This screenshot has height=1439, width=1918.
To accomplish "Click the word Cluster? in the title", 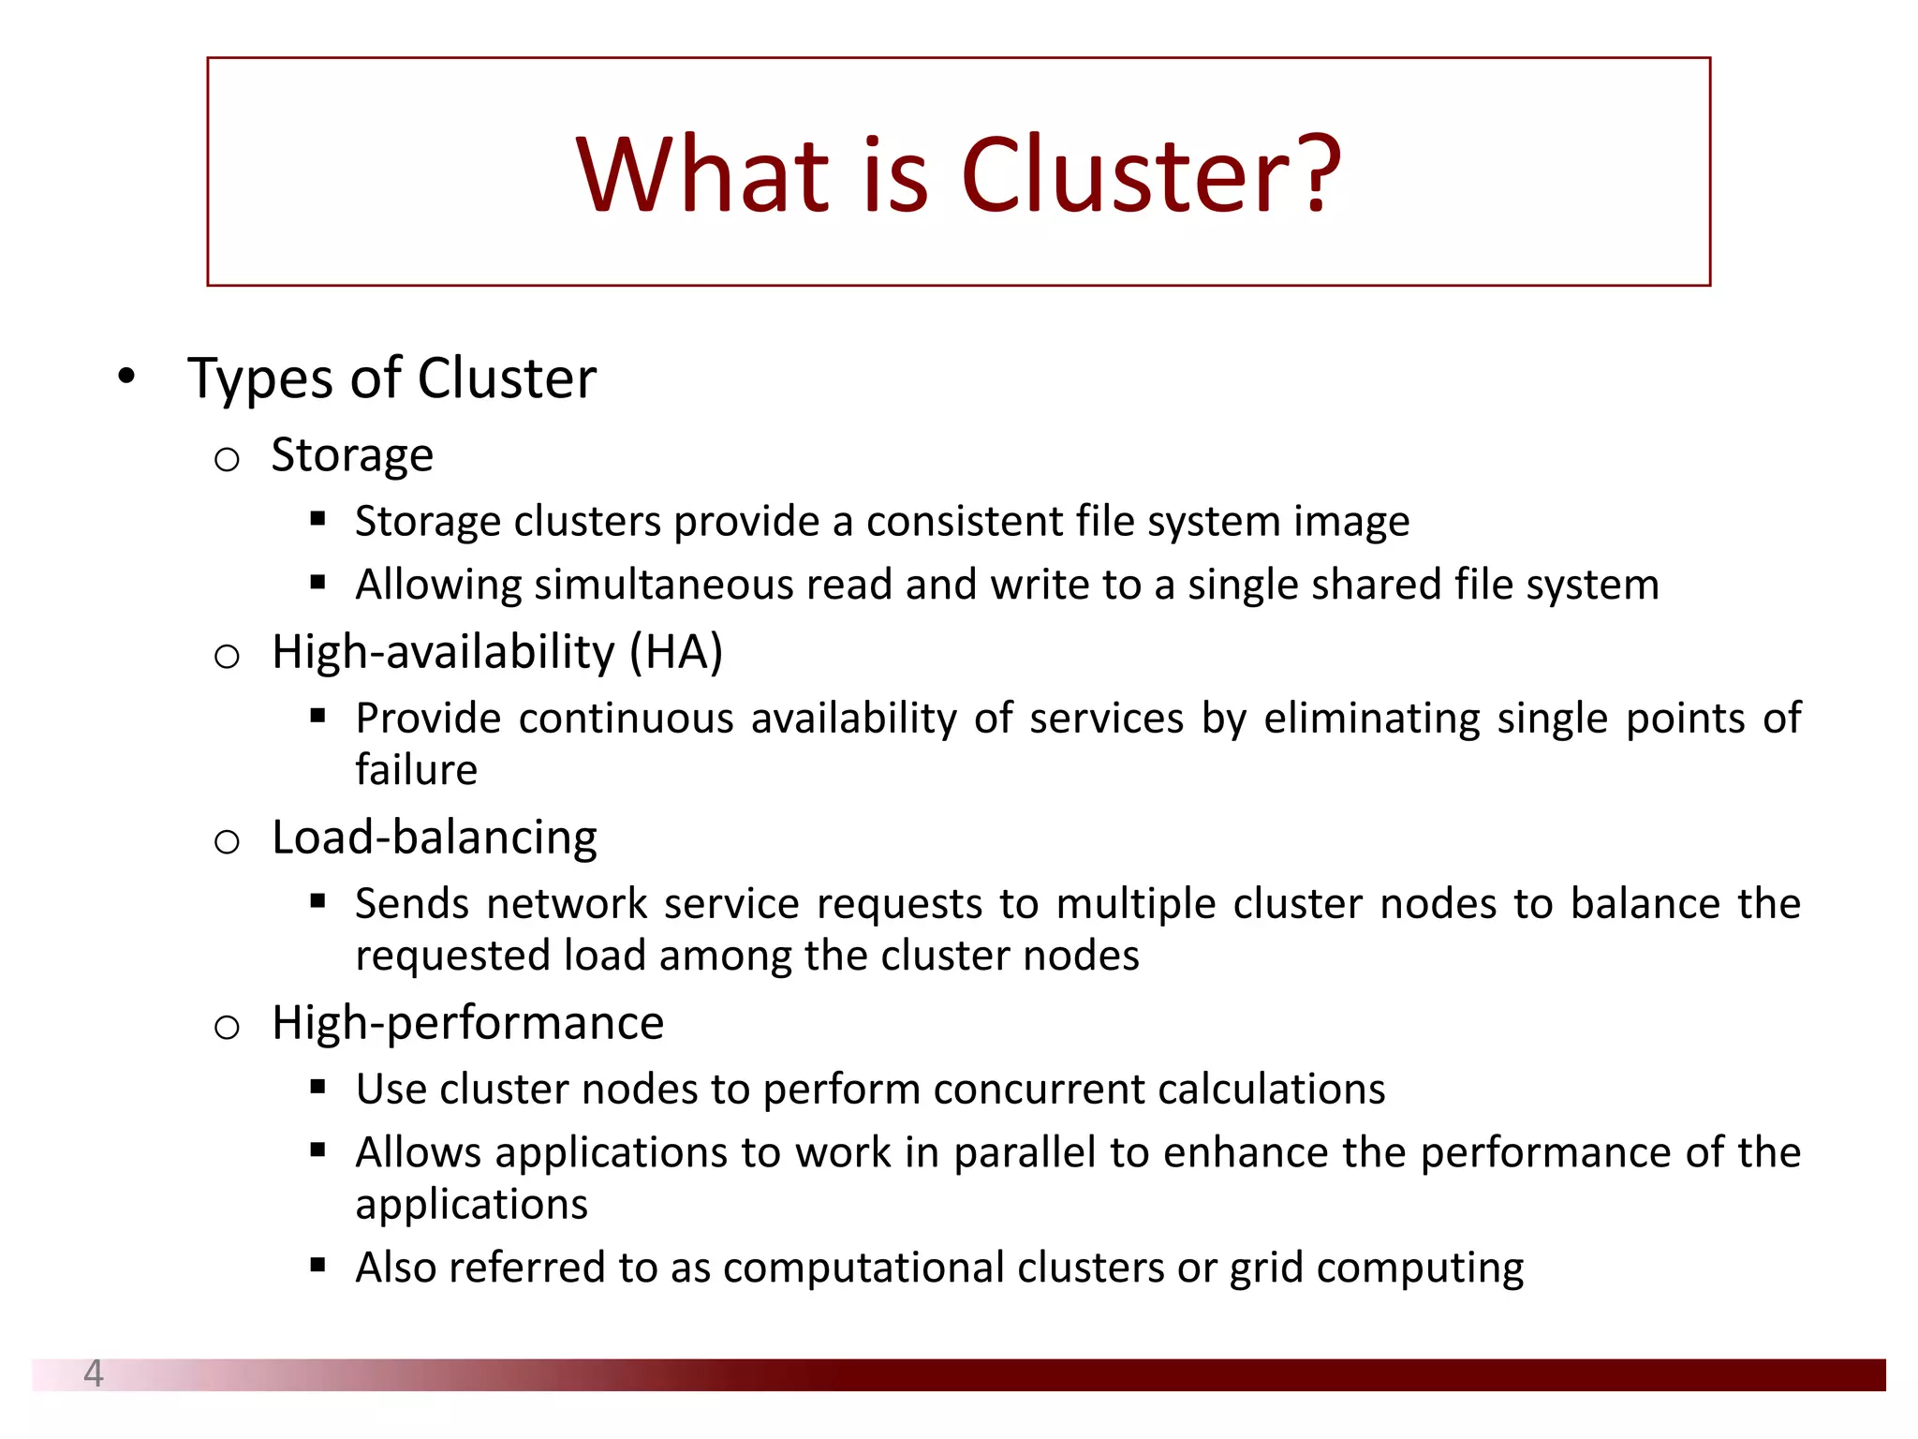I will pyautogui.click(x=1151, y=175).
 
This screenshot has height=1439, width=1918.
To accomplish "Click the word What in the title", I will pyautogui.click(x=703, y=175).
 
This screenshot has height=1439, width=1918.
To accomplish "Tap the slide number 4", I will pyautogui.click(x=93, y=1373).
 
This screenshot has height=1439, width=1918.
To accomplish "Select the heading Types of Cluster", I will pyautogui.click(x=391, y=378).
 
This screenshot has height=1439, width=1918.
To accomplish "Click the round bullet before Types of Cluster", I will pyautogui.click(x=126, y=377).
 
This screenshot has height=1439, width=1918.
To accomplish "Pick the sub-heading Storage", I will pyautogui.click(x=352, y=455).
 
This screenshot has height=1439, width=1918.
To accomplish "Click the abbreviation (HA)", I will pyautogui.click(x=676, y=652).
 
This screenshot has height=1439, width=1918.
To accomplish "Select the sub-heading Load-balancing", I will pyautogui.click(x=435, y=838).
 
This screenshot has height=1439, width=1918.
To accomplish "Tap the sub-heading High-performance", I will pyautogui.click(x=467, y=1023).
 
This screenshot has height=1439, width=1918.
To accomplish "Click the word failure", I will pyautogui.click(x=417, y=770).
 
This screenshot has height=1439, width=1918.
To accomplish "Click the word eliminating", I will pyautogui.click(x=1372, y=719).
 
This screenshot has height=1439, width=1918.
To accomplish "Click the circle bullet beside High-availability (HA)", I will pyautogui.click(x=227, y=656).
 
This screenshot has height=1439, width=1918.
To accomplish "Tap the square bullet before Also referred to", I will pyautogui.click(x=317, y=1266).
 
